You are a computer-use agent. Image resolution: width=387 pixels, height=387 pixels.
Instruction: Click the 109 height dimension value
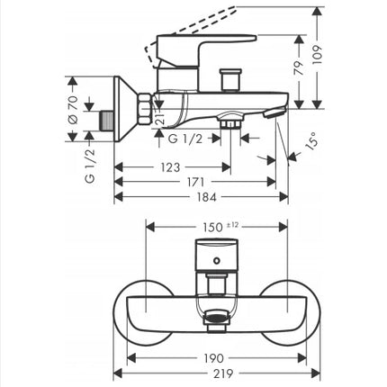317,55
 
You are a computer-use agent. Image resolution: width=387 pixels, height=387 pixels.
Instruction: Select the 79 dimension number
298,68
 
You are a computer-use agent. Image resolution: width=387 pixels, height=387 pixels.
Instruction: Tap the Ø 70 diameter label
73,110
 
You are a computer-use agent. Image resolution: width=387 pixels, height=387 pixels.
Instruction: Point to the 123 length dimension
170,167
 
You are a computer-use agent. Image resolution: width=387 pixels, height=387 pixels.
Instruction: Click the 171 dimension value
195,182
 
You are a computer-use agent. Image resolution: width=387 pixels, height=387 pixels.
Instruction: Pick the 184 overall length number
206,197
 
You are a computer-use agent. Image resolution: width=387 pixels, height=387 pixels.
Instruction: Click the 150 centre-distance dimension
212,227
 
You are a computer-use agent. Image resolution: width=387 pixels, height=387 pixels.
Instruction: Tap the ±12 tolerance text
232,225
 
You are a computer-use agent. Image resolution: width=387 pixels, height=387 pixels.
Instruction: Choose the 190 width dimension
214,358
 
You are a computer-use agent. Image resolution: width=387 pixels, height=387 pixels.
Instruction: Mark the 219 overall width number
223,373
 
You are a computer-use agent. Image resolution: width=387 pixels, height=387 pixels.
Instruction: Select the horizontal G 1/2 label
185,139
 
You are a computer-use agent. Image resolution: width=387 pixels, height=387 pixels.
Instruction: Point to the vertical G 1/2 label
90,166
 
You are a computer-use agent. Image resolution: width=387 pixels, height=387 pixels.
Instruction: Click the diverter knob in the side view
230,79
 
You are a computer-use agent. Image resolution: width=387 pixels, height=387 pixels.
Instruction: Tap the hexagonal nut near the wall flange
144,109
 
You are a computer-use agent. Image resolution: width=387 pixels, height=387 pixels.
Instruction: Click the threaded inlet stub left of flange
106,121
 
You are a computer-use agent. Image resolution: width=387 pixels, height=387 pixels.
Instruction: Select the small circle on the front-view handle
217,260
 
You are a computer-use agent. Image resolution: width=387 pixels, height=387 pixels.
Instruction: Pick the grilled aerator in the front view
217,318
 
